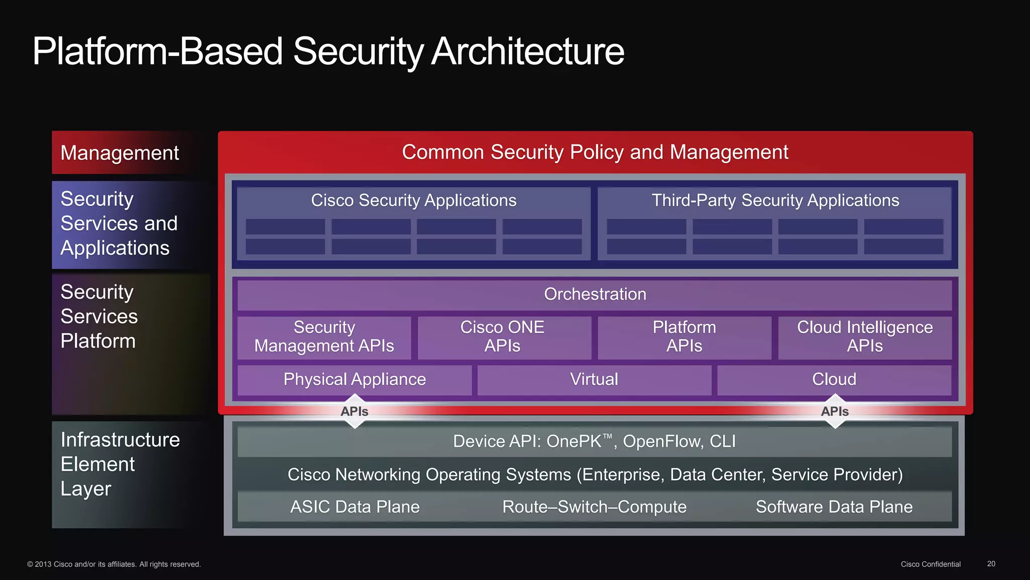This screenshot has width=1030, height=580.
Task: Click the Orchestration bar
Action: [594, 295]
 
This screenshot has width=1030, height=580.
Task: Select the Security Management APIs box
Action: [324, 337]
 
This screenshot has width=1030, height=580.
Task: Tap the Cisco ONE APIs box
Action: [503, 337]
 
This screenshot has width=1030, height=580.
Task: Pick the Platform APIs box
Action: [684, 337]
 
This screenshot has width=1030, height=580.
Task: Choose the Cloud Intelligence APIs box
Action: [865, 337]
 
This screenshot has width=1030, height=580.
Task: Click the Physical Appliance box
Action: [355, 380]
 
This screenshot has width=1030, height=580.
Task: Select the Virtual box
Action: [594, 380]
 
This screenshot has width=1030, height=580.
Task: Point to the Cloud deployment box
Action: [834, 380]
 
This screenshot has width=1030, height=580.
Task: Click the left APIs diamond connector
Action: [355, 411]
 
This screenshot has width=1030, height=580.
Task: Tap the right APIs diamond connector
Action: [835, 411]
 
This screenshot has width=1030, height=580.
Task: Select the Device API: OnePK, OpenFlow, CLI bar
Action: [594, 442]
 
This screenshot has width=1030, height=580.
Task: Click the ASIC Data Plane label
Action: [355, 507]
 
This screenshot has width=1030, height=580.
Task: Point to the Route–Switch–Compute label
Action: [594, 507]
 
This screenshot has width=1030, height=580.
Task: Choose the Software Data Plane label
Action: [834, 507]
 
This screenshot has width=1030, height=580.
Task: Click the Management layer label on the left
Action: [120, 153]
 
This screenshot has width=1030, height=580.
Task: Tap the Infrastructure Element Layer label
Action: [120, 464]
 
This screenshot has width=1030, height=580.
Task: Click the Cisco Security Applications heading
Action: [413, 200]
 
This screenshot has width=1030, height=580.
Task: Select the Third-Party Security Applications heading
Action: [775, 200]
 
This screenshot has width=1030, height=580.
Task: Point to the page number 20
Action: [991, 564]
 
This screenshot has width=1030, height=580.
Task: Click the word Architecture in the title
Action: [528, 52]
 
